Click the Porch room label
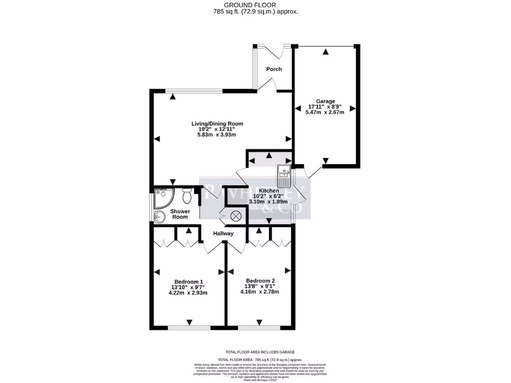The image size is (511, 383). [273, 69]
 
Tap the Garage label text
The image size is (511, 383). [325, 101]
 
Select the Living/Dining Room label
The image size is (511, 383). [218, 124]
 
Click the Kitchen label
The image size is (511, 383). [268, 191]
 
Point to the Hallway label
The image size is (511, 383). [223, 233]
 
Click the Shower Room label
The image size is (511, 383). [180, 214]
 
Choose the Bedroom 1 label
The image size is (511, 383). [189, 281]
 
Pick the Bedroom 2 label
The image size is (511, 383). [260, 280]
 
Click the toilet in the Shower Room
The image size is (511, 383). [188, 196]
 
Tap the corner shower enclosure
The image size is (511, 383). [163, 198]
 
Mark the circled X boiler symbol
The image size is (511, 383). [236, 216]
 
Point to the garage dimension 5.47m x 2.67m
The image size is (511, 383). [325, 112]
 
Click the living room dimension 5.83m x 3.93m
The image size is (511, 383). [217, 135]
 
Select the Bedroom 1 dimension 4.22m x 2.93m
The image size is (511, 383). [188, 292]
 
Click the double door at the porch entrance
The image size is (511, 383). [273, 49]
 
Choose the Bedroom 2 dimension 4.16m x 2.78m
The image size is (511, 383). [260, 291]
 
